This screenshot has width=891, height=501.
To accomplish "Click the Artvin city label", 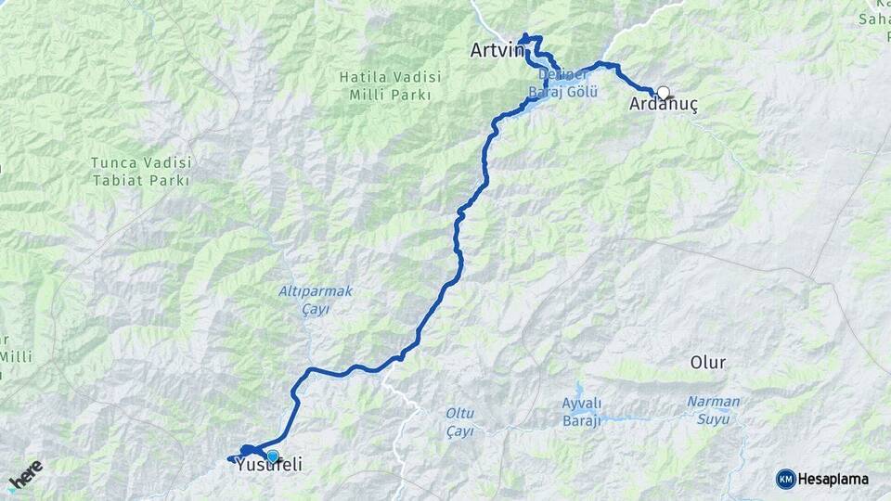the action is click(x=497, y=49).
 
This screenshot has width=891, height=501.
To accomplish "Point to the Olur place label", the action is click(x=708, y=362).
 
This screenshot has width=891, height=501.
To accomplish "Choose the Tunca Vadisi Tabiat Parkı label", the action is click(x=140, y=172).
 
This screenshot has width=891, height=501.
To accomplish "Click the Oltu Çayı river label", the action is click(x=459, y=422).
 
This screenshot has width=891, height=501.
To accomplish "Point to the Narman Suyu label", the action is click(x=713, y=409).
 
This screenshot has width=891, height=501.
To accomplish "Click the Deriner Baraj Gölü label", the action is click(x=562, y=83).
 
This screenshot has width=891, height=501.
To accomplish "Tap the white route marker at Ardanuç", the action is click(x=663, y=92).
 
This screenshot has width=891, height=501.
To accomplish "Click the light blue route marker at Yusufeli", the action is click(x=273, y=456).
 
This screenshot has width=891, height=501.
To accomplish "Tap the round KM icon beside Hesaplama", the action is click(x=785, y=479).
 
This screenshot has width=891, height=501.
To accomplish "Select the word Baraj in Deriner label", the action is click(x=543, y=93).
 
